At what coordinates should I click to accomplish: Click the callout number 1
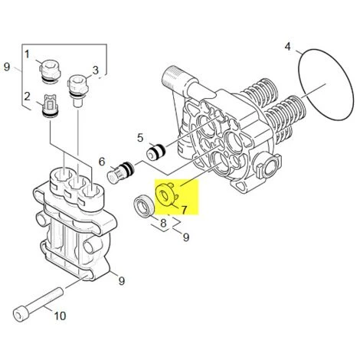click(x=27, y=54)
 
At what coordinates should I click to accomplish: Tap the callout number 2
click(x=27, y=97)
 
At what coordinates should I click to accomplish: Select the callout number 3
click(x=95, y=70)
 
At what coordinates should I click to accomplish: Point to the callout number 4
click(x=287, y=47)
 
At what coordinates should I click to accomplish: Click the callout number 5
click(x=140, y=138)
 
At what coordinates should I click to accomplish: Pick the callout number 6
click(x=102, y=162)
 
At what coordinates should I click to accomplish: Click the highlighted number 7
click(x=184, y=210)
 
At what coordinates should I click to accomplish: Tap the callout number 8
click(x=163, y=223)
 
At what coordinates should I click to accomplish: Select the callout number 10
click(x=60, y=316)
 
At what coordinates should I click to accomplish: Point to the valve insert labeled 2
click(x=50, y=106)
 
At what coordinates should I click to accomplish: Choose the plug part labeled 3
click(x=77, y=90)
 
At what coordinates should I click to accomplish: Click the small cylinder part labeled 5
click(x=156, y=152)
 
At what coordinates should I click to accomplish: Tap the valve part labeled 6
click(x=120, y=172)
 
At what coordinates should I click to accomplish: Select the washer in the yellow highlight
click(x=166, y=195)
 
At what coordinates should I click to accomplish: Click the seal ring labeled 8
click(x=144, y=207)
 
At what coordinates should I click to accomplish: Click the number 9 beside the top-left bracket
click(x=7, y=67)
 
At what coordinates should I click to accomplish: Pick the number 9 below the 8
click(x=186, y=237)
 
